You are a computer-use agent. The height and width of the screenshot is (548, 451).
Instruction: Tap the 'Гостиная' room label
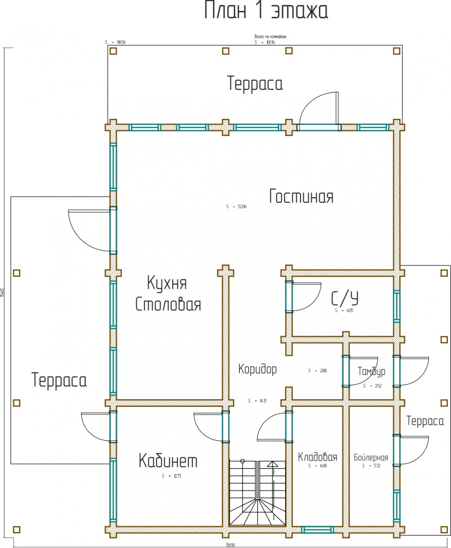[301, 196]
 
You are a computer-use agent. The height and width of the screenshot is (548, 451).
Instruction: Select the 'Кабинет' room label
[168, 461]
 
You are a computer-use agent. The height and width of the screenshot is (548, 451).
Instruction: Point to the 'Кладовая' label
[318, 457]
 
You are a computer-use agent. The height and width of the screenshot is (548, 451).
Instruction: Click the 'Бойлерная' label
[371, 458]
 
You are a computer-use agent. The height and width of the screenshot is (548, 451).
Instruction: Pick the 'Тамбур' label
[371, 371]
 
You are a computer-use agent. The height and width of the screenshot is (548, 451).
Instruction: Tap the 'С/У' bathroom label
[345, 299]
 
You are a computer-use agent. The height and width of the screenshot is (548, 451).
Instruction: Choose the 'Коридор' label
[258, 369]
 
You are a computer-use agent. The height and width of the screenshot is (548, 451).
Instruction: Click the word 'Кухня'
[167, 283]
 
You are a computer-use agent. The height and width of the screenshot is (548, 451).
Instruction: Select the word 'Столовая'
[168, 304]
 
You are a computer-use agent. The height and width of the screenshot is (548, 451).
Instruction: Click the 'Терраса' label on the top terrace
[255, 84]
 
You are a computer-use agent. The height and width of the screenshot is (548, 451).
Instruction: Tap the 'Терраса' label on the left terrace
[59, 380]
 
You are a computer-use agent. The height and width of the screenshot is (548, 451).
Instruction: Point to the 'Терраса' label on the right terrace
[425, 421]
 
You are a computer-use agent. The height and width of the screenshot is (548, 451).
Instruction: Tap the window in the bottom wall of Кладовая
[317, 530]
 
